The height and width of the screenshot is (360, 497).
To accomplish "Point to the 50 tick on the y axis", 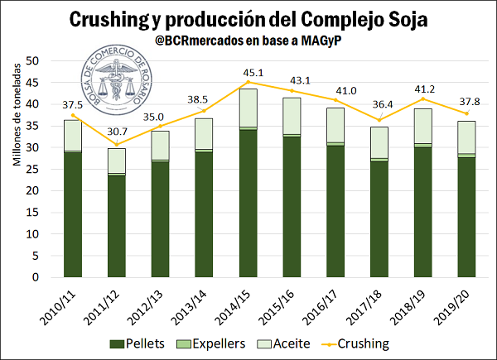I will coord(33,61).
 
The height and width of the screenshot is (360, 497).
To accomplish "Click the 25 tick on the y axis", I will coord(33,169).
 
